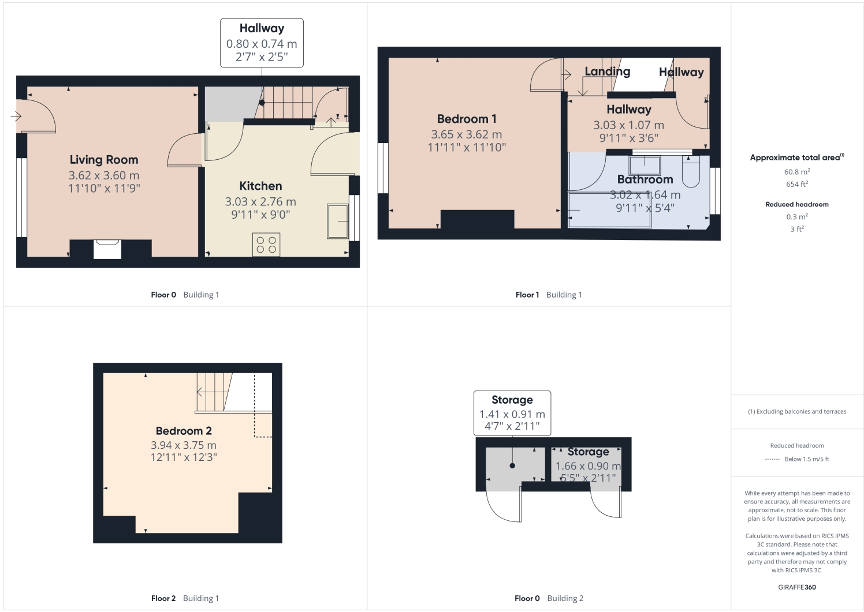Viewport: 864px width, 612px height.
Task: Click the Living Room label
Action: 104,160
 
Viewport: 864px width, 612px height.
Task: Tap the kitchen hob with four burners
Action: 266,245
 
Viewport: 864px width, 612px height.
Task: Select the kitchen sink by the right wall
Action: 338,221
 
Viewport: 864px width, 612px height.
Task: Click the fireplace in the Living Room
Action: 107,250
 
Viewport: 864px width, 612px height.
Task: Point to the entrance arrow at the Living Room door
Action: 16,117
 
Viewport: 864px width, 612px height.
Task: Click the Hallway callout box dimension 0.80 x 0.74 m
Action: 262,44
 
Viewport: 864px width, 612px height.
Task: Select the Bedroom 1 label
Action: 467,119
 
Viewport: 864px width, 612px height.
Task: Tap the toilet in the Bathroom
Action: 691,171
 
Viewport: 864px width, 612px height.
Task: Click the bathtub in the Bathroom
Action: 609,211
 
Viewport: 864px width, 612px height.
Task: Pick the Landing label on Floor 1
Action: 607,72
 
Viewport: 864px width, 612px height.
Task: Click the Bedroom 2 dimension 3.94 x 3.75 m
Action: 184,445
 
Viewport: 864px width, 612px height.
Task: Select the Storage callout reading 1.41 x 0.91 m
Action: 512,414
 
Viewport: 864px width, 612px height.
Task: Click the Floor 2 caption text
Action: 163,598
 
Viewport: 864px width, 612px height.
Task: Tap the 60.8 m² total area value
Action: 797,172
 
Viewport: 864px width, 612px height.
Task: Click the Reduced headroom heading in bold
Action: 797,204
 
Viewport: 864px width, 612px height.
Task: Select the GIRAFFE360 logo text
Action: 797,587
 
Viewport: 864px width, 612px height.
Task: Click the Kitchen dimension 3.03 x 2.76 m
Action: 260,202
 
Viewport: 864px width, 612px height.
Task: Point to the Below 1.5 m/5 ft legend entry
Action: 806,459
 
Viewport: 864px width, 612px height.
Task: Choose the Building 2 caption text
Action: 565,598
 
